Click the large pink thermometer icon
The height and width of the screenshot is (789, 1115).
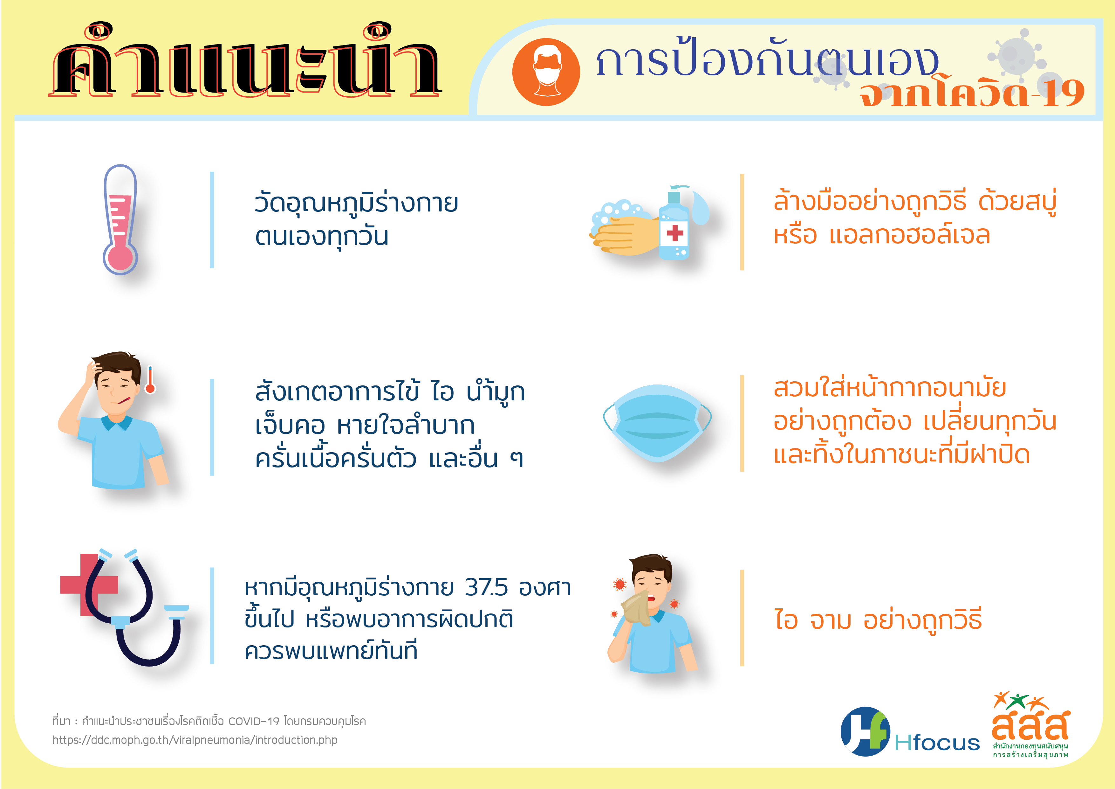coord(120,220)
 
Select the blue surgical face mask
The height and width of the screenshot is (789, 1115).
coord(657,423)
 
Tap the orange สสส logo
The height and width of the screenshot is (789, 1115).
coord(1030,724)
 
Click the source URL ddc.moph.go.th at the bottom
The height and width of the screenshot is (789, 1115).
coord(195,740)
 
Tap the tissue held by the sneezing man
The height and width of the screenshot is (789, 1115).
coord(636,607)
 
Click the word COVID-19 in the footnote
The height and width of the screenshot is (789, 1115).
coord(254,721)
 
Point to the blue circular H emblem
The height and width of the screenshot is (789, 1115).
coord(865,732)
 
